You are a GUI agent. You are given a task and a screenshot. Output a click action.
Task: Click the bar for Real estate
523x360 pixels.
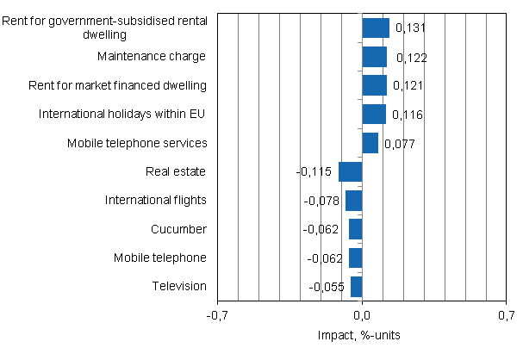pos(351,171)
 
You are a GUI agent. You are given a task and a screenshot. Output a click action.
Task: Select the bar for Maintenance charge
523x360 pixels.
pos(375,57)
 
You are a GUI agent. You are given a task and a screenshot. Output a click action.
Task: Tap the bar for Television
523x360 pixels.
pos(357,286)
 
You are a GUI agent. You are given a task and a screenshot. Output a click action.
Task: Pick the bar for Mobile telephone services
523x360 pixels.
pos(370,143)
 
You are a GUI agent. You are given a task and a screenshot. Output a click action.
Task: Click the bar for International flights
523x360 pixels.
pos(354,201)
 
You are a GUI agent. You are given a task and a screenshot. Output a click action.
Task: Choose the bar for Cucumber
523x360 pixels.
pos(356,229)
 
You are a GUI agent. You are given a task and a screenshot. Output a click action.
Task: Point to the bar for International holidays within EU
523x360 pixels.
pos(374,115)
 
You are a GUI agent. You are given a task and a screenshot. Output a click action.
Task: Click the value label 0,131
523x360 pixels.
pos(410,28)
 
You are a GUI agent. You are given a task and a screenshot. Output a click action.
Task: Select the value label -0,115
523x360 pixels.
pos(314,172)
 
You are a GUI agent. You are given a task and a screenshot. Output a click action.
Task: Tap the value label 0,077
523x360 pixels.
pos(400,144)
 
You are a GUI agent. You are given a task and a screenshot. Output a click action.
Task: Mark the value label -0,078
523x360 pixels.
pos(322,201)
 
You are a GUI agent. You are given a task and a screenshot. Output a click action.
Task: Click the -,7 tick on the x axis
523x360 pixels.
pos(218,315)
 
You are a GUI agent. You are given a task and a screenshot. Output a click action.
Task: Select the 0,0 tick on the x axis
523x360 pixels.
pos(362,315)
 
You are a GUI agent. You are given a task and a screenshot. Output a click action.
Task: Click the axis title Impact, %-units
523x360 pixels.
pos(362,335)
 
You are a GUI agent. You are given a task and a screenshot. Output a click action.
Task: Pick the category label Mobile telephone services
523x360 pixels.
pos(137,143)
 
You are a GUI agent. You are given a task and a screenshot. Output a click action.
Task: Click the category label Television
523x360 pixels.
pos(179,286)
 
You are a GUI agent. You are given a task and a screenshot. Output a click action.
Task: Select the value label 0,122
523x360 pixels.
pos(412,58)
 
